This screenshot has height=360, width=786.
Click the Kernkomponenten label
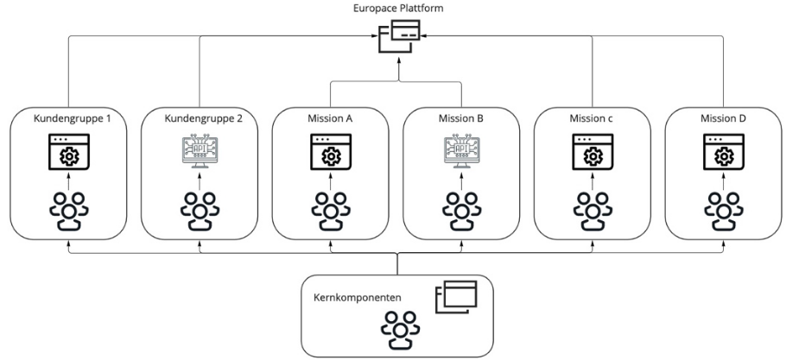tap(352, 297)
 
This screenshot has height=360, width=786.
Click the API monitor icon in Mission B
tap(460, 154)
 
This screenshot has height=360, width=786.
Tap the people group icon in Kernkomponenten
tap(395, 328)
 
